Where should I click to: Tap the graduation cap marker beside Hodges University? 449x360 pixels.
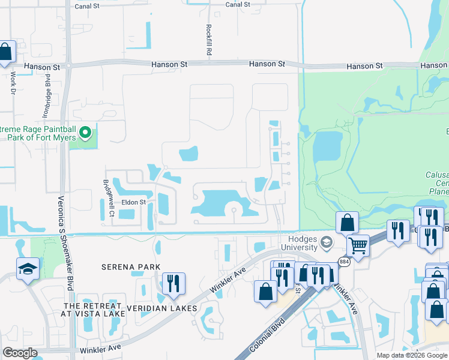pyautogui.click(x=327, y=243)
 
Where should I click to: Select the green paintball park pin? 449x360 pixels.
pyautogui.click(x=85, y=133)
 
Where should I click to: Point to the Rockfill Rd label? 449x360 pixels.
pyautogui.click(x=208, y=40)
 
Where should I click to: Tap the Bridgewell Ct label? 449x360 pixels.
pyautogui.click(x=108, y=190)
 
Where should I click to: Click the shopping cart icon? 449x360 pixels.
pyautogui.click(x=358, y=245)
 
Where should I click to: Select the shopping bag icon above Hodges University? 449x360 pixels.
pyautogui.click(x=347, y=223)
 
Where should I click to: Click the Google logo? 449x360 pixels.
pyautogui.click(x=20, y=353)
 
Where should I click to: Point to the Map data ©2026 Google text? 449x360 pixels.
pyautogui.click(x=412, y=355)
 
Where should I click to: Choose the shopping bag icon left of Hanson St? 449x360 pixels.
pyautogui.click(x=5, y=52)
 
